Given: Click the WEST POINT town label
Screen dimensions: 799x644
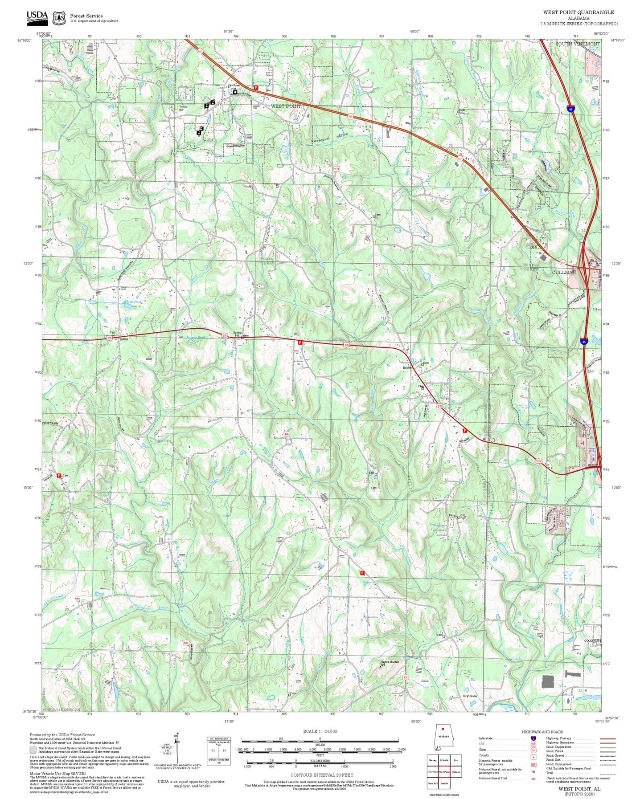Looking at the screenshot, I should click(286, 106).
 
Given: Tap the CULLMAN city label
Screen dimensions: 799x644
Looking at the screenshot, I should click(564, 272).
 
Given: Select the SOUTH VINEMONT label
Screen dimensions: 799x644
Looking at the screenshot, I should click(578, 44).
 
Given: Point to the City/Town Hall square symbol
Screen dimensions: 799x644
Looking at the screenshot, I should click(235, 92).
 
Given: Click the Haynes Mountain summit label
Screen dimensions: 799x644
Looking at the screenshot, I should click(390, 662).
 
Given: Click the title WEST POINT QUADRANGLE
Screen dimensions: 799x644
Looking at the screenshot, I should click(578, 12).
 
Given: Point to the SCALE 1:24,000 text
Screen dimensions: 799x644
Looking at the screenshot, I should click(320, 731).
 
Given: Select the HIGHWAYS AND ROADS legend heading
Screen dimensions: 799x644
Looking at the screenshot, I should click(542, 732).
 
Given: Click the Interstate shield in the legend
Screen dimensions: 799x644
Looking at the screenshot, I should click(533, 738).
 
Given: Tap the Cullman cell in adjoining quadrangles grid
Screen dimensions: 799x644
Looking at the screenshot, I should click(456, 772).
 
